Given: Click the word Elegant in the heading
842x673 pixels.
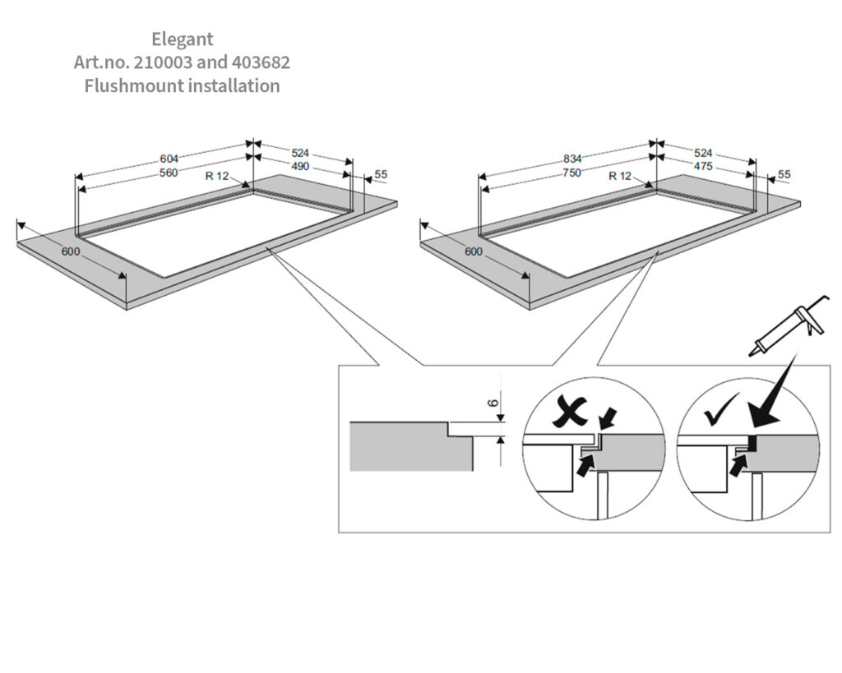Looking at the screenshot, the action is pyautogui.click(x=182, y=39).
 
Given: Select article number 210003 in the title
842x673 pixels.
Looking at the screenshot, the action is pyautogui.click(x=162, y=62).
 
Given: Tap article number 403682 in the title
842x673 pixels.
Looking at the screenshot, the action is pyautogui.click(x=261, y=62).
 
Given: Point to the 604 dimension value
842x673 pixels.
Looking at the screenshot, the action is pyautogui.click(x=169, y=159).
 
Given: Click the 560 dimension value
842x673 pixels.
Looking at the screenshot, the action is pyautogui.click(x=169, y=173).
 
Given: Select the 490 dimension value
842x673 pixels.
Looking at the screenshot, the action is pyautogui.click(x=300, y=166).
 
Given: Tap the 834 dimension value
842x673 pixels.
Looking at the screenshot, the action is pyautogui.click(x=572, y=159).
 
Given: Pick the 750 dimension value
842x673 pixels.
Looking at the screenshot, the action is pyautogui.click(x=572, y=173).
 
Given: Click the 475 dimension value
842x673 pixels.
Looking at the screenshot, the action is pyautogui.click(x=703, y=166).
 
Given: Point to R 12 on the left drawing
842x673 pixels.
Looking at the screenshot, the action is pyautogui.click(x=217, y=176).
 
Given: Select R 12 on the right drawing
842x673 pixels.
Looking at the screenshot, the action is pyautogui.click(x=620, y=176).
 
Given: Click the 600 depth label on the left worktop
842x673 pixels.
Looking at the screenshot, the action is pyautogui.click(x=71, y=251).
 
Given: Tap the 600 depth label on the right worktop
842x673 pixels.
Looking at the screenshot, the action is pyautogui.click(x=474, y=251).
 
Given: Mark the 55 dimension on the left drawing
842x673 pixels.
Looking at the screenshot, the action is pyautogui.click(x=381, y=174).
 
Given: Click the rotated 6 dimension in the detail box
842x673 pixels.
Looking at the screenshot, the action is pyautogui.click(x=493, y=403).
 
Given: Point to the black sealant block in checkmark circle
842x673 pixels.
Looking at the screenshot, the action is pyautogui.click(x=753, y=443).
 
